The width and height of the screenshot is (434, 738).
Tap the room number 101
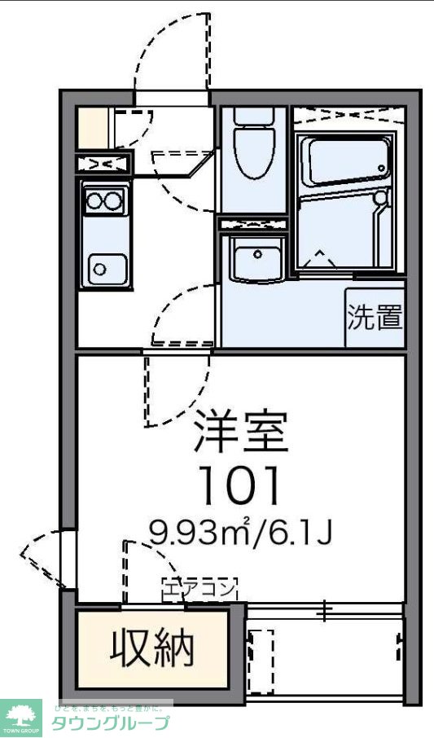(241, 485)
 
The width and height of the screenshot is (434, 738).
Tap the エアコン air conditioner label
(200, 586)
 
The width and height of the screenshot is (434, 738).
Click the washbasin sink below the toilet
(256, 258)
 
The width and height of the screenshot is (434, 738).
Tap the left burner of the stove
(94, 200)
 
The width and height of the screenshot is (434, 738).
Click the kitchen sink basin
(103, 266)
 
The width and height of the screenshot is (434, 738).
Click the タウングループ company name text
(110, 723)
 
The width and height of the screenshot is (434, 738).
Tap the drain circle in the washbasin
(257, 254)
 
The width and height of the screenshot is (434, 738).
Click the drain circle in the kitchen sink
(99, 266)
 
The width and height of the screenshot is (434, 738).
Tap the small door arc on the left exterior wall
(41, 558)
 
